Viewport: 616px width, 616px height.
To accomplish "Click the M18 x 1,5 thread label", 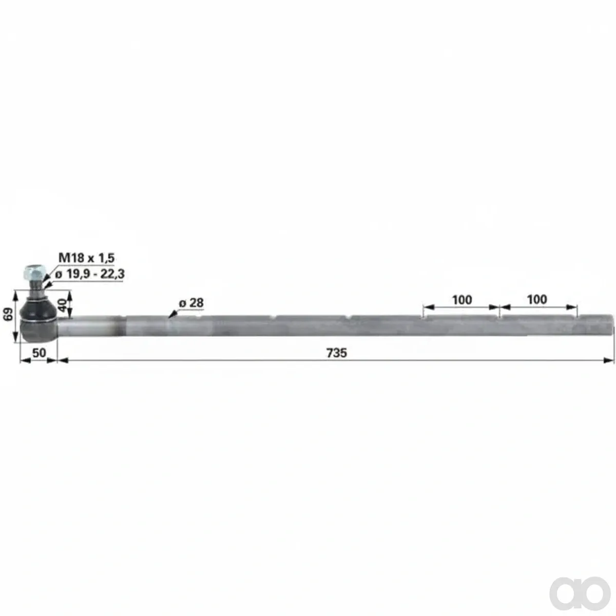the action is pyautogui.click(x=86, y=258).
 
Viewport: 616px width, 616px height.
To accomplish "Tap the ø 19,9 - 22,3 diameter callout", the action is pyautogui.click(x=89, y=274).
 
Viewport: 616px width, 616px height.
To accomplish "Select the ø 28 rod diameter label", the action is pyautogui.click(x=191, y=303).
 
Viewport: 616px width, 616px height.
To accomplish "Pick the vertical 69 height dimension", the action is pyautogui.click(x=9, y=314).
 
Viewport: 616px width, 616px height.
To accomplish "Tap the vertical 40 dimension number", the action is pyautogui.click(x=62, y=305).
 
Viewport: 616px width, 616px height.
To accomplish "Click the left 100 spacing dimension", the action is pyautogui.click(x=462, y=300).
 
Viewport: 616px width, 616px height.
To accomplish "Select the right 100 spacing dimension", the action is pyautogui.click(x=537, y=299).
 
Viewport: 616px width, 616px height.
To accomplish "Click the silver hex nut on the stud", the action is pyautogui.click(x=34, y=272).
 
